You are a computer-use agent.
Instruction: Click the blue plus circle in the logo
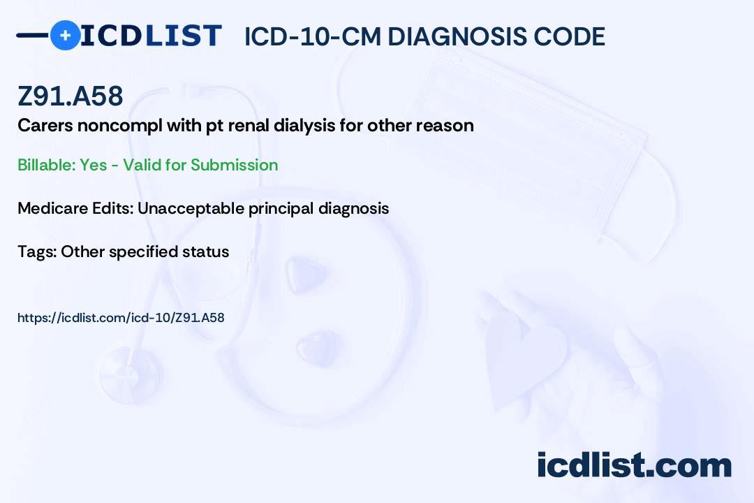point(65,35)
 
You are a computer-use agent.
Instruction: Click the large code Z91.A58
point(71,97)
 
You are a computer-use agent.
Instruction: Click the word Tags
point(36,251)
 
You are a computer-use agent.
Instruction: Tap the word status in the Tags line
point(207,251)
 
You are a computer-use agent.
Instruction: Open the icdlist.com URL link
point(121,318)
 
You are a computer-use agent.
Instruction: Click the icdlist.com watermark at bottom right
point(634,465)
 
